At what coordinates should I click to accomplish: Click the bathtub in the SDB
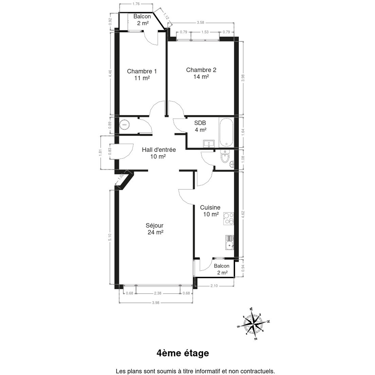[x=226, y=132]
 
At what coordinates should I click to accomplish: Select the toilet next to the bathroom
[x=225, y=157]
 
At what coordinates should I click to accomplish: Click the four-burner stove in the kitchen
[x=228, y=218]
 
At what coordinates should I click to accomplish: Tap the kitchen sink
[x=230, y=242]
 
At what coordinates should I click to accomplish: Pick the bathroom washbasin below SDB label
[x=209, y=144]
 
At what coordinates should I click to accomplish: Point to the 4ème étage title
[x=183, y=353]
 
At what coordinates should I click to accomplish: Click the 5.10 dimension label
[x=110, y=237]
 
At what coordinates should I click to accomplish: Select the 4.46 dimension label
[x=110, y=73]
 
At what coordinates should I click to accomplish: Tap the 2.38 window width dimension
[x=157, y=293]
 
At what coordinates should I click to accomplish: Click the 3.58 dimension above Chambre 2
[x=200, y=22]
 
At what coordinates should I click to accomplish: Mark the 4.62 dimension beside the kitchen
[x=243, y=214]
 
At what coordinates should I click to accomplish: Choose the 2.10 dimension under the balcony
[x=214, y=286]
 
